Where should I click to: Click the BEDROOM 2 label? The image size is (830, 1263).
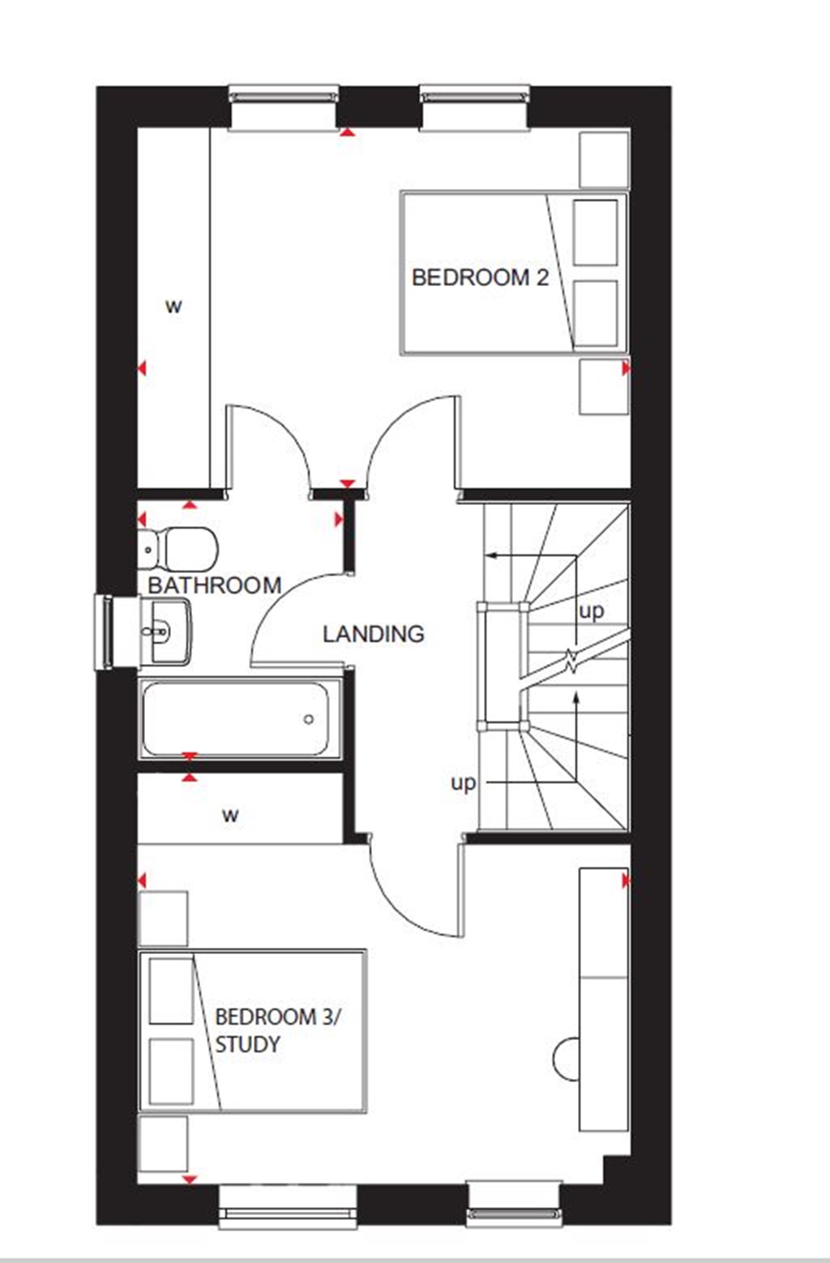click(x=480, y=277)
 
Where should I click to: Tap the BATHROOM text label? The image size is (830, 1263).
click(x=214, y=585)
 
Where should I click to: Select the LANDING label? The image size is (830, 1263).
click(x=373, y=634)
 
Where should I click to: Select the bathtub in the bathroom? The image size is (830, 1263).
click(x=240, y=719)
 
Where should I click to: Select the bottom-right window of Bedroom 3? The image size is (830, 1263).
click(x=513, y=1205)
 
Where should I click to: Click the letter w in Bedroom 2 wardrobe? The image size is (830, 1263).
click(x=173, y=306)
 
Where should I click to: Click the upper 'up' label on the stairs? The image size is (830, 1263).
click(x=591, y=610)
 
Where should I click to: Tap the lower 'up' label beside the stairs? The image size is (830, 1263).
click(x=463, y=783)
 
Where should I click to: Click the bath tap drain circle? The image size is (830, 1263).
click(x=309, y=719)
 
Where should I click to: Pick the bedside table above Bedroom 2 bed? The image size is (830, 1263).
click(x=604, y=159)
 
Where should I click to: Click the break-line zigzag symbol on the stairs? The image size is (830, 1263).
click(x=572, y=662)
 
